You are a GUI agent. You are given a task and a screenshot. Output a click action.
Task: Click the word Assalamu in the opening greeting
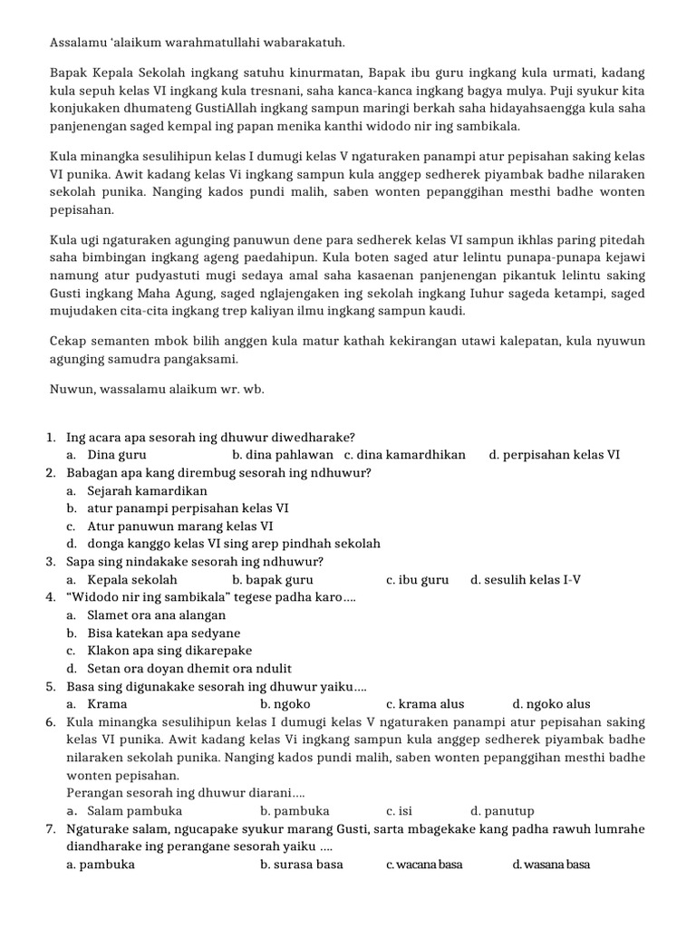[78, 43]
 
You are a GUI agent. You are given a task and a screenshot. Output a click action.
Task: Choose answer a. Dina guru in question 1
[107, 454]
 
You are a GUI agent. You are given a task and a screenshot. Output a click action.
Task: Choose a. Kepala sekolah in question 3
[122, 579]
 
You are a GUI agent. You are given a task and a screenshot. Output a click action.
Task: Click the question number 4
[50, 597]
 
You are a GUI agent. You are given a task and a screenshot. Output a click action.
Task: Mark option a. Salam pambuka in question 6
[125, 811]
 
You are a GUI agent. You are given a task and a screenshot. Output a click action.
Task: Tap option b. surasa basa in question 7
[301, 865]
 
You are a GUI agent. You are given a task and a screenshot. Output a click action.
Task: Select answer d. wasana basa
[551, 865]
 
